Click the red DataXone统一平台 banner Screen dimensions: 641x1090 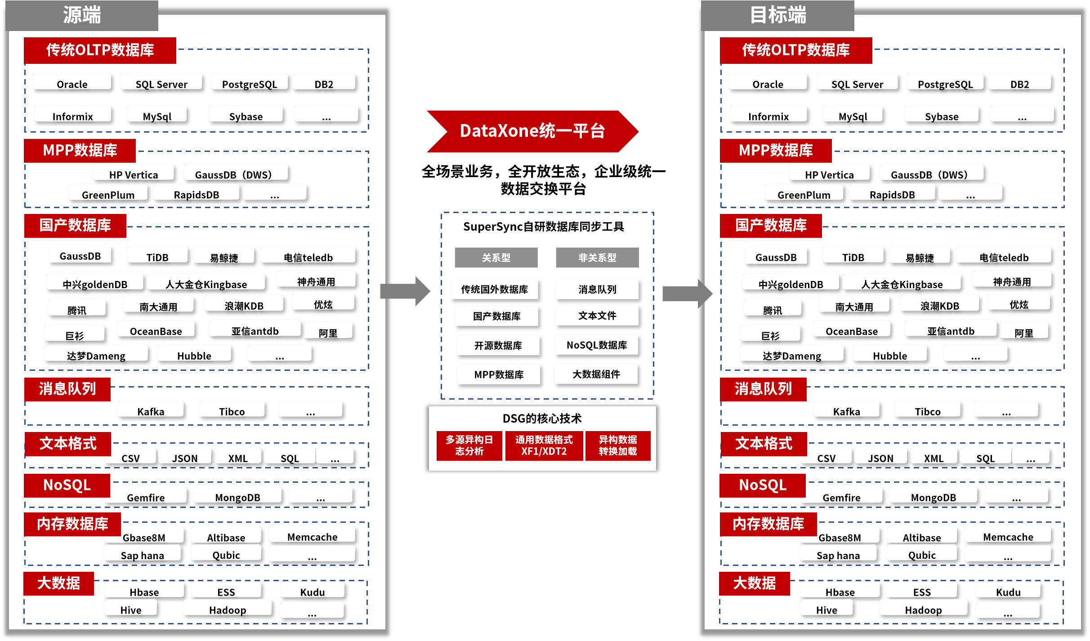[x=532, y=131]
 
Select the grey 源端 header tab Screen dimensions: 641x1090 [x=82, y=15]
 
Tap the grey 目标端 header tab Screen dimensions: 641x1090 [x=777, y=15]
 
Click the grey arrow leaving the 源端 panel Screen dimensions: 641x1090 [x=405, y=291]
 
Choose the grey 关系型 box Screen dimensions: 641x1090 [x=496, y=258]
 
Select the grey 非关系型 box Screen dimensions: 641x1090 [x=597, y=258]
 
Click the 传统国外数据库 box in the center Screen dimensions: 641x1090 [x=494, y=289]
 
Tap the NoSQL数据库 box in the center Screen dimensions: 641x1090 [x=596, y=345]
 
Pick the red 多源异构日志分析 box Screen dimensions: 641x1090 [x=469, y=445]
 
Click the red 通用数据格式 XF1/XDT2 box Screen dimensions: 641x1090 [x=544, y=445]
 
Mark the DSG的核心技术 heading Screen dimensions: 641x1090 [x=542, y=418]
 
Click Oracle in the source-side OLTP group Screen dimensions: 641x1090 [x=72, y=84]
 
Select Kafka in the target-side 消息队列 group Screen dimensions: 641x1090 [x=846, y=411]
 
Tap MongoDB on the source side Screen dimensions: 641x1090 [x=237, y=497]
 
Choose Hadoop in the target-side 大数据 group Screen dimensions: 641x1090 [x=923, y=610]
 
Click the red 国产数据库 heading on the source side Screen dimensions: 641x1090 [x=75, y=225]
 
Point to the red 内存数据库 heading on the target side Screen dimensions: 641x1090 [x=768, y=524]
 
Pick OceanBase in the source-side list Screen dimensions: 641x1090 [x=156, y=331]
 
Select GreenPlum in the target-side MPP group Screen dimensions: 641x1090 [x=804, y=195]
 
